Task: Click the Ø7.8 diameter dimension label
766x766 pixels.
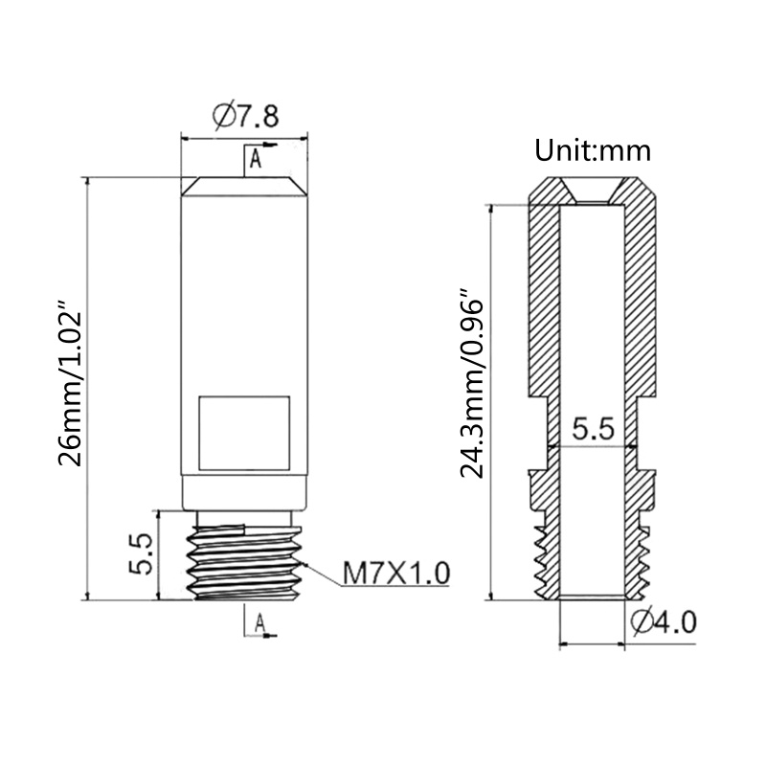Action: [x=244, y=117]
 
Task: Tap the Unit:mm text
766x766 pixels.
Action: [x=593, y=150]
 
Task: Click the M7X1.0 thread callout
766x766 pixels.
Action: [x=395, y=574]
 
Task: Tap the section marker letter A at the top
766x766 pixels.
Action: [x=256, y=159]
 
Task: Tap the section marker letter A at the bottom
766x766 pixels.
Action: [x=259, y=623]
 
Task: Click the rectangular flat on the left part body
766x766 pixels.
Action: [x=243, y=432]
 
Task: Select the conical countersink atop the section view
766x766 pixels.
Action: [x=593, y=191]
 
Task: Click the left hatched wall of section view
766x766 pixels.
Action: [x=542, y=306]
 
